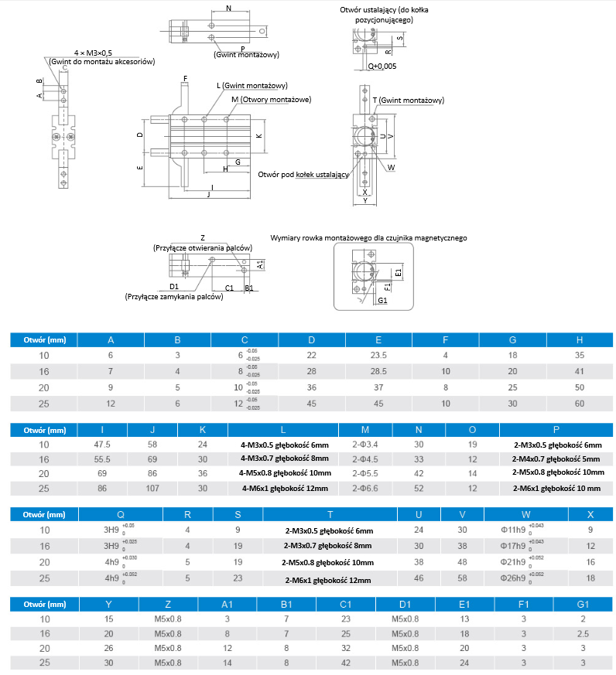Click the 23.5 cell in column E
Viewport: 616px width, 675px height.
(378, 355)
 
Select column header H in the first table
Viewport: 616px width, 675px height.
(580, 339)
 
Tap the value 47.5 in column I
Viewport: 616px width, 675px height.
(102, 445)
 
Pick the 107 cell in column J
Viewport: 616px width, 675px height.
(152, 488)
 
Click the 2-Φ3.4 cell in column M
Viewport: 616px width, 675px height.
(364, 445)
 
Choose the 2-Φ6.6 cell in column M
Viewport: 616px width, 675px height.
(364, 488)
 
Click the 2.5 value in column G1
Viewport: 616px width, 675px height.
(582, 632)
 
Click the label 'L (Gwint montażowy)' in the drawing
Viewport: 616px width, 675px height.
(252, 85)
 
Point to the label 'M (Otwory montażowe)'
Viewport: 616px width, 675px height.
(271, 100)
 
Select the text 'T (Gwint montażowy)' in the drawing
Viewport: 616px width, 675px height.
(407, 101)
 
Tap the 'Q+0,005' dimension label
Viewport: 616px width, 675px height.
(382, 66)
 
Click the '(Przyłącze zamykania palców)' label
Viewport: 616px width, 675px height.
(168, 296)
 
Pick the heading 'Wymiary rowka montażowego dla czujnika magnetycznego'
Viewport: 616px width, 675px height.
(368, 239)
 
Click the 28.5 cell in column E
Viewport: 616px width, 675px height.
(378, 372)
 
